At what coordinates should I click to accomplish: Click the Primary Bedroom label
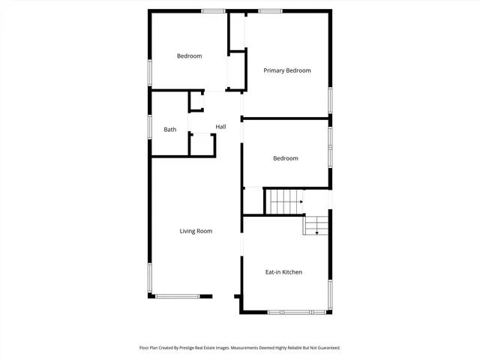pyautogui.click(x=286, y=70)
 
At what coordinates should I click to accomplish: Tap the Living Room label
pyautogui.click(x=196, y=231)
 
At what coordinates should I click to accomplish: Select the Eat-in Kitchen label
pyautogui.click(x=283, y=271)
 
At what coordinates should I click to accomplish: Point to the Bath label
pyautogui.click(x=170, y=130)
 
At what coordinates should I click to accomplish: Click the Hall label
pyautogui.click(x=220, y=127)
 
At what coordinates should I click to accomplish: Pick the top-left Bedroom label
pyautogui.click(x=189, y=56)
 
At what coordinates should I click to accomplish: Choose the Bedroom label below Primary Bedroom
pyautogui.click(x=285, y=158)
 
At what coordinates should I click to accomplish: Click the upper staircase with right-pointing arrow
pyautogui.click(x=284, y=201)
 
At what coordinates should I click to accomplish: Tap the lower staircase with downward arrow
pyautogui.click(x=316, y=224)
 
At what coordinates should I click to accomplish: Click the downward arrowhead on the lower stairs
pyautogui.click(x=316, y=232)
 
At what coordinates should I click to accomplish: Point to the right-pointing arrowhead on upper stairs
pyautogui.click(x=301, y=201)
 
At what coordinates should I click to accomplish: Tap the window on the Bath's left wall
pyautogui.click(x=150, y=126)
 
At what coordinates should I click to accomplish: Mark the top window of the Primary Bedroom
pyautogui.click(x=270, y=10)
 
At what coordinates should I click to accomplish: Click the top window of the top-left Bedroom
pyautogui.click(x=213, y=10)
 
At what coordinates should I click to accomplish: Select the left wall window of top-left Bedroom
pyautogui.click(x=150, y=72)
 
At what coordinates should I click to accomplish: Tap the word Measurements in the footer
pyautogui.click(x=247, y=348)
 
